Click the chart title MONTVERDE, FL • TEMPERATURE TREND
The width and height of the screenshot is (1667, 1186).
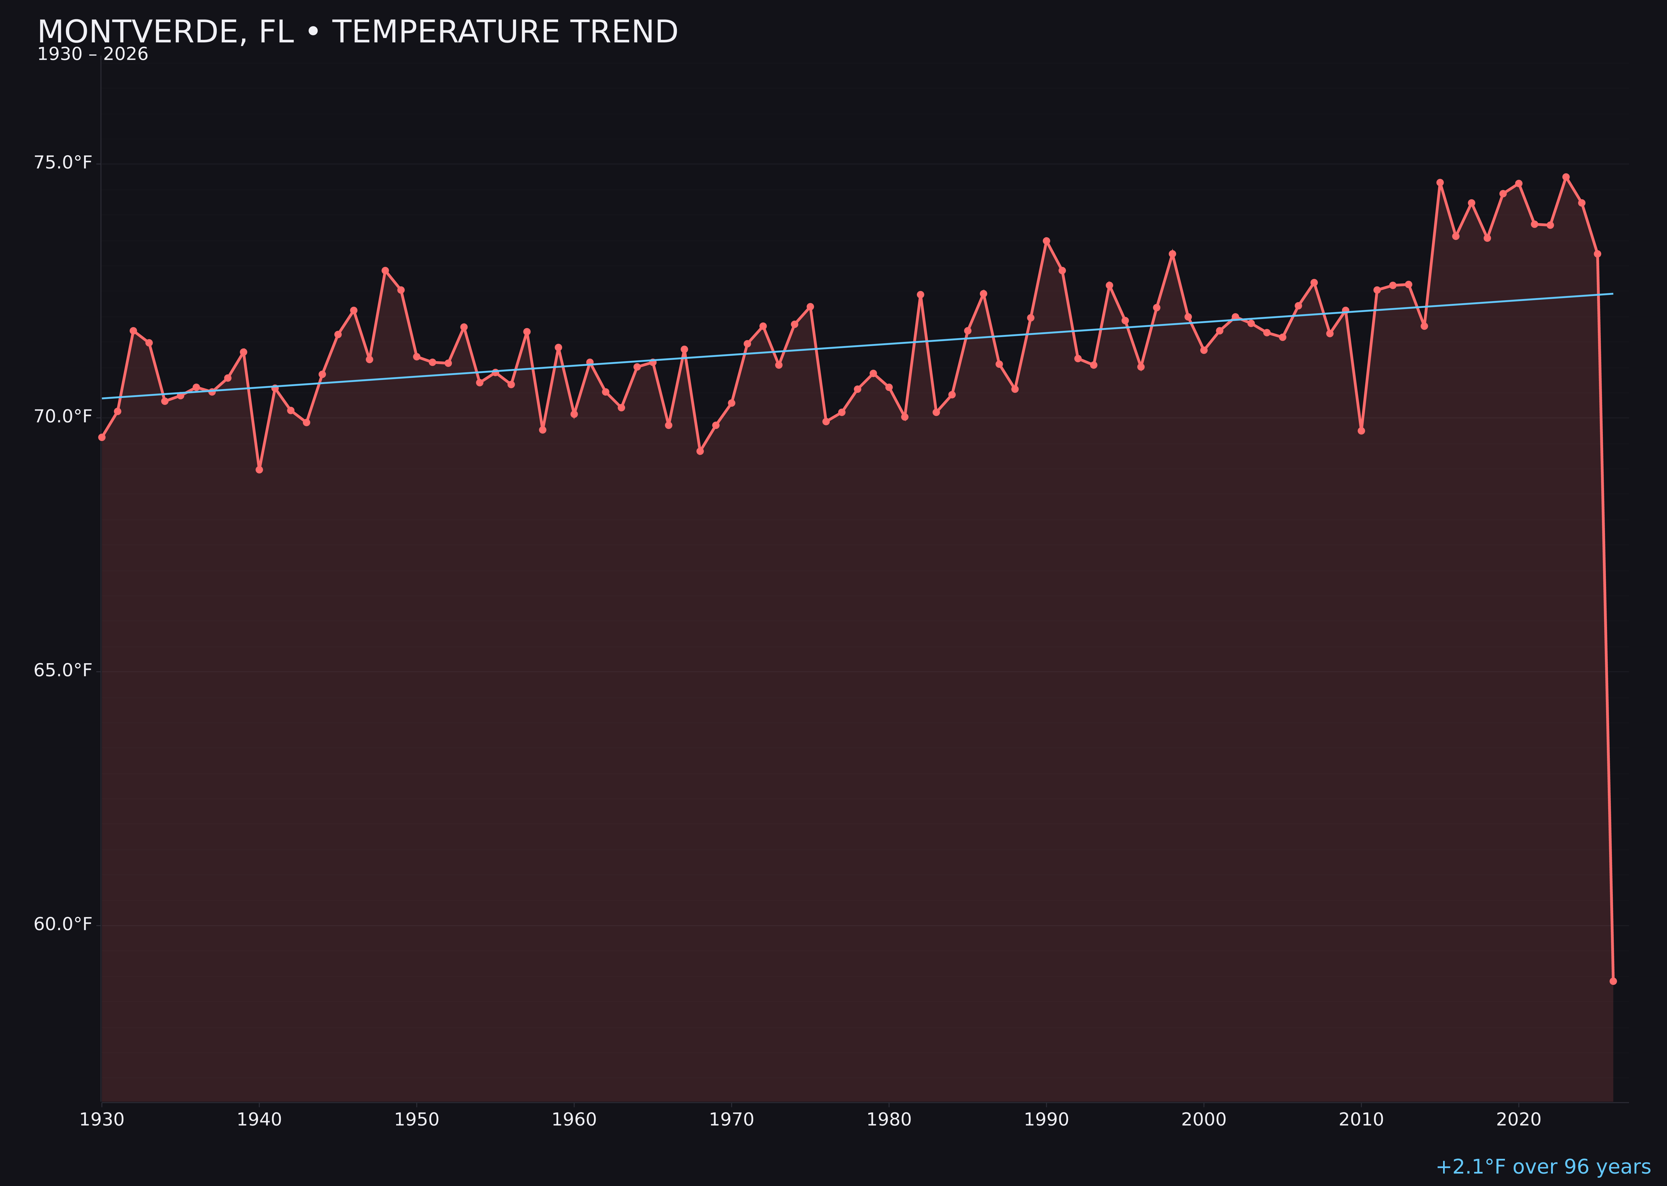click(x=358, y=32)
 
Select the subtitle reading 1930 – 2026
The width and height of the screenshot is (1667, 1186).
click(x=93, y=55)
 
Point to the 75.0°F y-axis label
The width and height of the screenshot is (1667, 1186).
click(x=63, y=162)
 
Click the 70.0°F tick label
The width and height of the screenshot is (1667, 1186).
click(x=63, y=416)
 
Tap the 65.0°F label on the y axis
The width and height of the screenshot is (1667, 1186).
click(x=63, y=671)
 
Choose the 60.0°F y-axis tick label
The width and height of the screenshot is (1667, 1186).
click(x=63, y=925)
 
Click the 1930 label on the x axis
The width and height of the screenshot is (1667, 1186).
click(x=102, y=1120)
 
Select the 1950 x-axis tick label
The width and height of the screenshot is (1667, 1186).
click(x=417, y=1120)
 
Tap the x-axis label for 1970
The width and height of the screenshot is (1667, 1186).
click(x=731, y=1120)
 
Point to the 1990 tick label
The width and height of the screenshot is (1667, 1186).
click(x=1046, y=1120)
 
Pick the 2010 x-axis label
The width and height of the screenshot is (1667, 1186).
click(x=1361, y=1120)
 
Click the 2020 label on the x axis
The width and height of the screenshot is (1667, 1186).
click(x=1519, y=1120)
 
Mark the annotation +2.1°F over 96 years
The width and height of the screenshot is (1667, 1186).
click(x=1543, y=1167)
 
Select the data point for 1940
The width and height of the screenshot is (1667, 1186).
click(x=259, y=470)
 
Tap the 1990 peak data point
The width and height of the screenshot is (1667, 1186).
click(x=1046, y=241)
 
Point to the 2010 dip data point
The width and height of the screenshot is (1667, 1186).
click(x=1361, y=431)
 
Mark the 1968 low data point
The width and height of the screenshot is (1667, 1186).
click(x=700, y=451)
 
